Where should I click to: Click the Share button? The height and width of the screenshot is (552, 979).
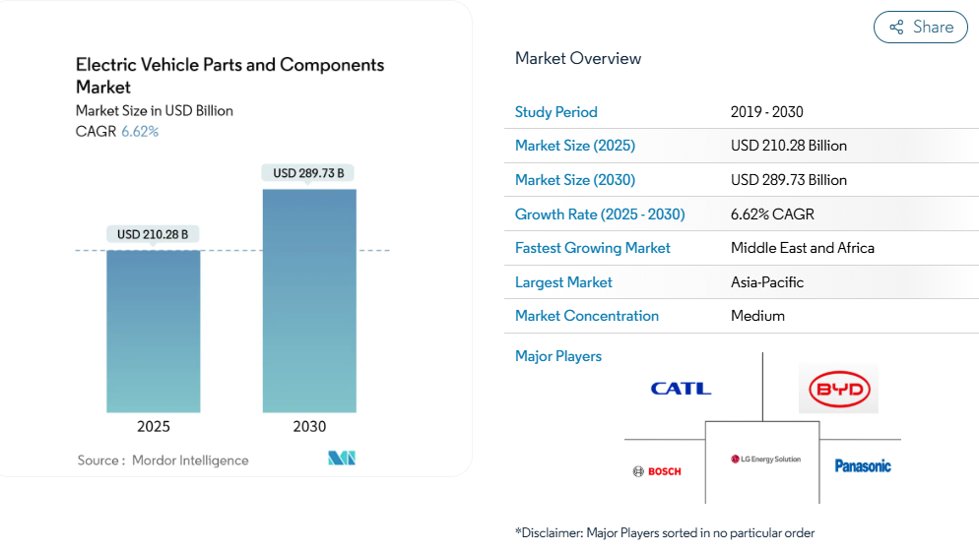pos(921,28)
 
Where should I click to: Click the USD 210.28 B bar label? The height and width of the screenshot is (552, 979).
pos(153,234)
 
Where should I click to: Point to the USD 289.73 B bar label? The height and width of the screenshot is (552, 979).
pos(308,173)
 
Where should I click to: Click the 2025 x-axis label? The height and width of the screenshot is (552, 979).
pos(154,426)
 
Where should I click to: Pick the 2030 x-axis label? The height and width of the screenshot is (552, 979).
pos(309,426)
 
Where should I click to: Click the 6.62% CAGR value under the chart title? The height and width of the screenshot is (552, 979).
pos(140,131)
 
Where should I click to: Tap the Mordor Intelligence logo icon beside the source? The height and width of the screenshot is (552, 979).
pos(342,459)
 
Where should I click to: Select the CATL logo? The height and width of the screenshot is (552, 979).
pos(681,389)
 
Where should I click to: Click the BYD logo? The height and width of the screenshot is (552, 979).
pos(838,390)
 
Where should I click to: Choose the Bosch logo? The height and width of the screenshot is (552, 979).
pos(657,471)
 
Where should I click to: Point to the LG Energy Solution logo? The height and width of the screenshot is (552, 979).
pos(765,460)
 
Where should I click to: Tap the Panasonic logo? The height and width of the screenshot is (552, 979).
pos(863,465)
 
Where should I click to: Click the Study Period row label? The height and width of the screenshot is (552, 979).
pos(556,112)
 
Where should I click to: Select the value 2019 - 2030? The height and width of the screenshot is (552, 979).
pos(767,112)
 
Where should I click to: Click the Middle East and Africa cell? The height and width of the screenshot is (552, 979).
pos(803,248)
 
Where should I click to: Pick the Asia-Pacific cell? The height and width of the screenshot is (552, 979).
pos(767,282)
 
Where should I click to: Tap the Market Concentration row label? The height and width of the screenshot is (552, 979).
pos(587,316)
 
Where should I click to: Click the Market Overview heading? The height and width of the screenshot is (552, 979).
pos(578,58)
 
